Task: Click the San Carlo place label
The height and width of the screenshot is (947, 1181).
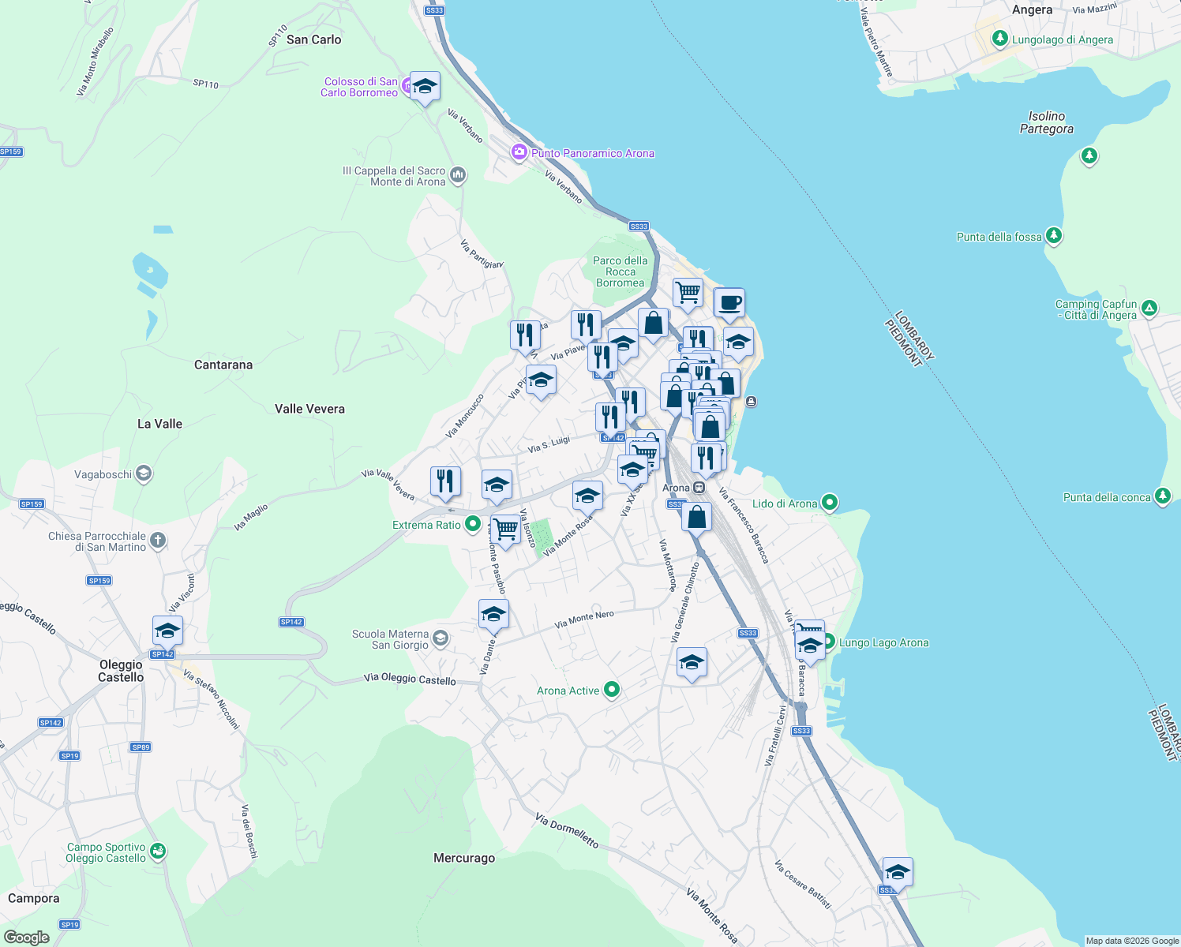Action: pos(313,39)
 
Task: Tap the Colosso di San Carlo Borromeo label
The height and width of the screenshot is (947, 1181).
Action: pos(360,87)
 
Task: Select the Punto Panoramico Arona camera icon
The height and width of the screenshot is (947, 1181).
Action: pos(519,152)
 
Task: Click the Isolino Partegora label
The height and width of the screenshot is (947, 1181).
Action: pos(1046,122)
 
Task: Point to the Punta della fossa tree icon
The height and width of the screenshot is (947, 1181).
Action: pos(1053,235)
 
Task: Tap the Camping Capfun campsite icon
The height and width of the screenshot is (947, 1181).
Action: pos(1149,309)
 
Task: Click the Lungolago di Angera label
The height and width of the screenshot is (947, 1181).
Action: pos(1063,39)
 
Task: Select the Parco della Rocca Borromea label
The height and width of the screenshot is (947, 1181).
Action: pos(620,271)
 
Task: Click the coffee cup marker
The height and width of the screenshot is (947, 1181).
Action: pos(729,303)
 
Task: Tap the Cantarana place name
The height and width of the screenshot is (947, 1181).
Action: pos(223,365)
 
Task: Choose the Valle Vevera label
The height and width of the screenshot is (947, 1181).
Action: pos(309,409)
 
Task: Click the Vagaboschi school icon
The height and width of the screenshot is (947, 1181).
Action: pos(143,473)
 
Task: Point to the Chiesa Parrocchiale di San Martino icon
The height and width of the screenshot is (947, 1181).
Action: pos(158,541)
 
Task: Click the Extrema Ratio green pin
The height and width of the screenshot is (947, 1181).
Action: pos(472,523)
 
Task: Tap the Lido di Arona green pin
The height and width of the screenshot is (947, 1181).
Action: pos(829,502)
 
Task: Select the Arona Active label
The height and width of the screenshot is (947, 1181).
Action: pos(568,691)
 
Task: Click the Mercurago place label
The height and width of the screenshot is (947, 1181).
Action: pos(464,858)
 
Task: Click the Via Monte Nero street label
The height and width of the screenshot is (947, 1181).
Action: pos(584,619)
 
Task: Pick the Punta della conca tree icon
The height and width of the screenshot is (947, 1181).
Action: pos(1162,496)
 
